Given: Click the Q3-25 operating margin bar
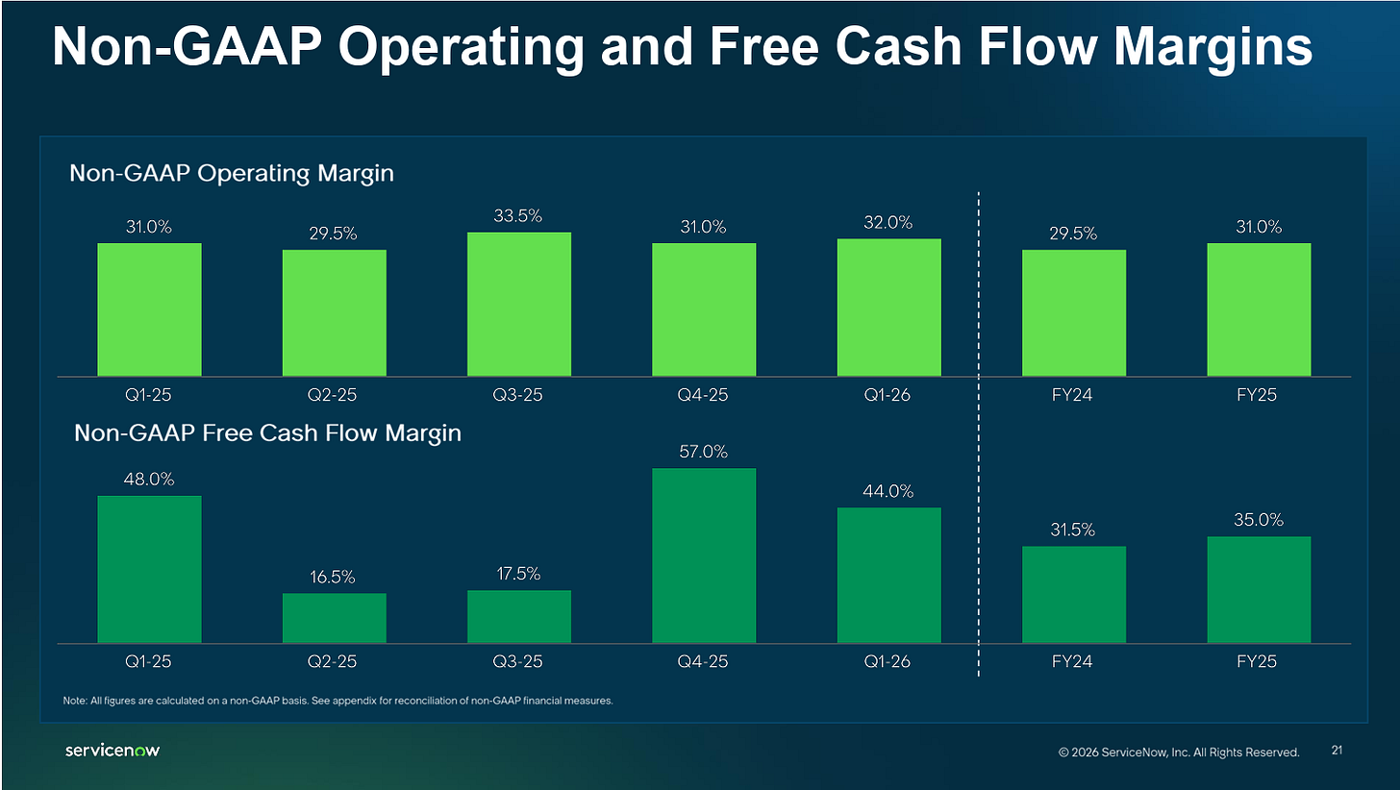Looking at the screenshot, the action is pyautogui.click(x=519, y=304).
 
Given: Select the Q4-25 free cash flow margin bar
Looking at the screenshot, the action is pyautogui.click(x=704, y=555).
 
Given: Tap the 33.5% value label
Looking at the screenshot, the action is pyautogui.click(x=517, y=216).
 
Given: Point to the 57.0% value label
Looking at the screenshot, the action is pyautogui.click(x=703, y=452).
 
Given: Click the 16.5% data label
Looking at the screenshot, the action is pyautogui.click(x=333, y=577).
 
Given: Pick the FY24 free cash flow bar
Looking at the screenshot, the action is pyautogui.click(x=1074, y=595).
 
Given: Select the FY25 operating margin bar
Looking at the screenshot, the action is pyautogui.click(x=1259, y=309).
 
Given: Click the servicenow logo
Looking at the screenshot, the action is pyautogui.click(x=112, y=750).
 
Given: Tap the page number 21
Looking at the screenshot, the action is pyautogui.click(x=1337, y=750).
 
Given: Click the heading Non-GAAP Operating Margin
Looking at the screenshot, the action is pyautogui.click(x=231, y=173).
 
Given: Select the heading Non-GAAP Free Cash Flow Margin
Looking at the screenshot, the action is pyautogui.click(x=267, y=432).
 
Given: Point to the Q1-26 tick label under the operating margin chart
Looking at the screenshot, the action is pyautogui.click(x=887, y=395).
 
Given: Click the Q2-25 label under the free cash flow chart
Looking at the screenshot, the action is pyautogui.click(x=332, y=661).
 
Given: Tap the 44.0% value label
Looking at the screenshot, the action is pyautogui.click(x=888, y=491).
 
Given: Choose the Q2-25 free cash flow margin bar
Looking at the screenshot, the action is pyautogui.click(x=335, y=618).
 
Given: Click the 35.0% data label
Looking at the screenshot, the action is pyautogui.click(x=1258, y=520).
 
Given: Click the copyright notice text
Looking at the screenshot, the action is pyautogui.click(x=1179, y=752).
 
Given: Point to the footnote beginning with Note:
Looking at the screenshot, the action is pyautogui.click(x=337, y=701).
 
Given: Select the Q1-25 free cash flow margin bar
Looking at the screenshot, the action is pyautogui.click(x=149, y=570).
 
